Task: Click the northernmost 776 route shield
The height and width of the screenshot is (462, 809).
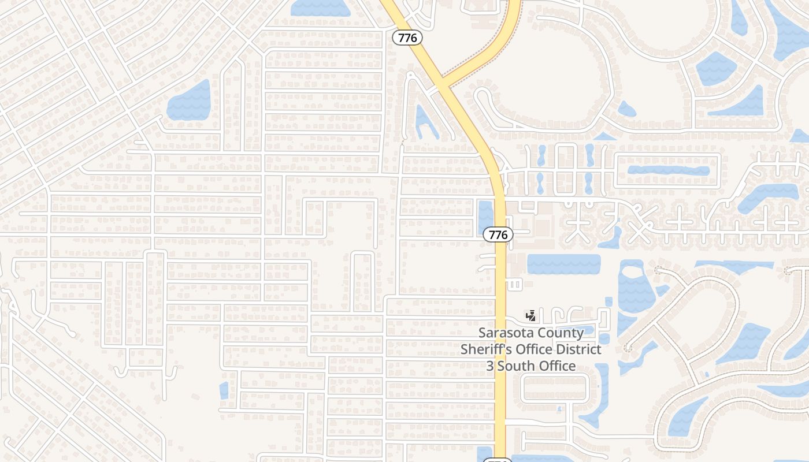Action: (407, 38)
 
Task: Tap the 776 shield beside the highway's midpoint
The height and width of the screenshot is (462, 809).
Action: (498, 234)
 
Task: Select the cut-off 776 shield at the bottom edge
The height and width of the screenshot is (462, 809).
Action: (498, 460)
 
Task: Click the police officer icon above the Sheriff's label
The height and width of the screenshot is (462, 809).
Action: (530, 316)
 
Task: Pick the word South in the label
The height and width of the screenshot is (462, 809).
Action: (517, 366)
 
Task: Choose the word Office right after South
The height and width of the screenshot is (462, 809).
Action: (557, 366)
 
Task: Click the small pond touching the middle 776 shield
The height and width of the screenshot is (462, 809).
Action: (485, 215)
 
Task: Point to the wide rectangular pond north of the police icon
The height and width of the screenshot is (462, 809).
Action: (563, 264)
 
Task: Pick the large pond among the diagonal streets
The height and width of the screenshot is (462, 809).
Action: (189, 102)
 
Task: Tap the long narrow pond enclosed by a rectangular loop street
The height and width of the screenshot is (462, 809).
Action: (668, 171)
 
